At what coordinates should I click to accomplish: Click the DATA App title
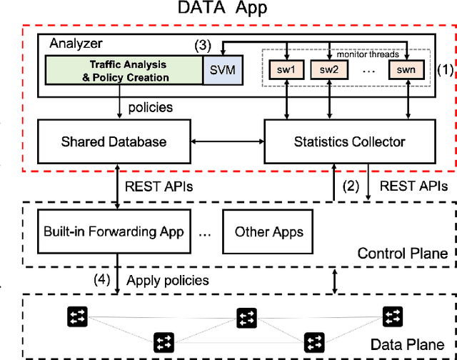229,9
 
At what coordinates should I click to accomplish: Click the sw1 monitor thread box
286,71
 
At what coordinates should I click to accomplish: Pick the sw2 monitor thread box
328,71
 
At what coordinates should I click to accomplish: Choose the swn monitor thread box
406,71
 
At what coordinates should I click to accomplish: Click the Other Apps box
268,231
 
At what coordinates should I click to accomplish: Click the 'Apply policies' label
167,280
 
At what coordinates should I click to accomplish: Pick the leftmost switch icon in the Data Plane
74,315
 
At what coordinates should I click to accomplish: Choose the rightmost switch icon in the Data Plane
392,315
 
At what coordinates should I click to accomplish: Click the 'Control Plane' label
403,253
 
